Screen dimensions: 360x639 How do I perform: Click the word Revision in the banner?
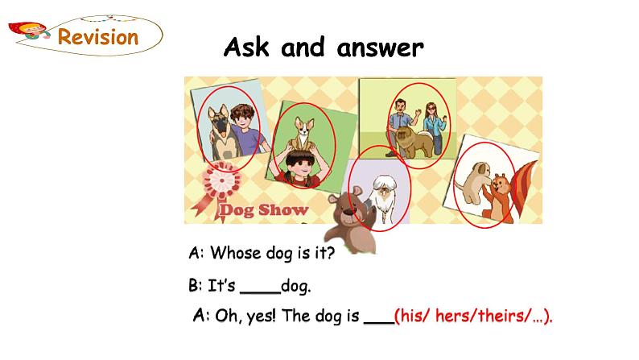coord(99,36)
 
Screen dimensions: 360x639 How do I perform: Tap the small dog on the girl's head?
coord(303,134)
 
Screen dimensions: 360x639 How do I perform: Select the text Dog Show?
coord(265,210)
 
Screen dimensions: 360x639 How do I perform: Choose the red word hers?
coord(456,317)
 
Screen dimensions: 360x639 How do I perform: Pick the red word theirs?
coord(502,317)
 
